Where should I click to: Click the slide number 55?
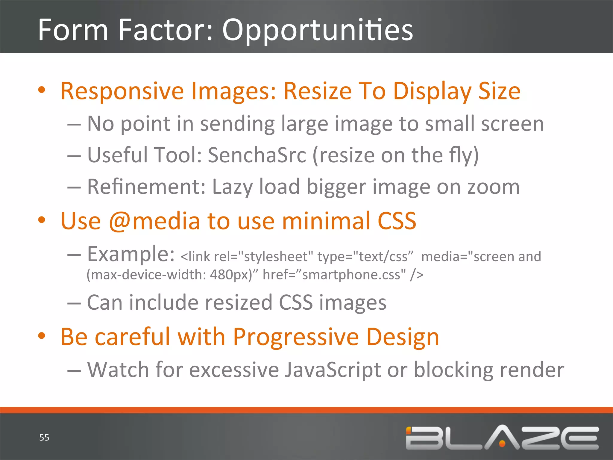44,438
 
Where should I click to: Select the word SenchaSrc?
257,155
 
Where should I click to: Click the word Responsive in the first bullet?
122,91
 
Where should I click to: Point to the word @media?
154,221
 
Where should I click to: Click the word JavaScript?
332,370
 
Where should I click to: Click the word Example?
131,254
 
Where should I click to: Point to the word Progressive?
296,337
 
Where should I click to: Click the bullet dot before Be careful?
42,336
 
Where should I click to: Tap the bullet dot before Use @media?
42,220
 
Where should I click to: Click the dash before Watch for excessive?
74,370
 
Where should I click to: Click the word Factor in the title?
166,30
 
